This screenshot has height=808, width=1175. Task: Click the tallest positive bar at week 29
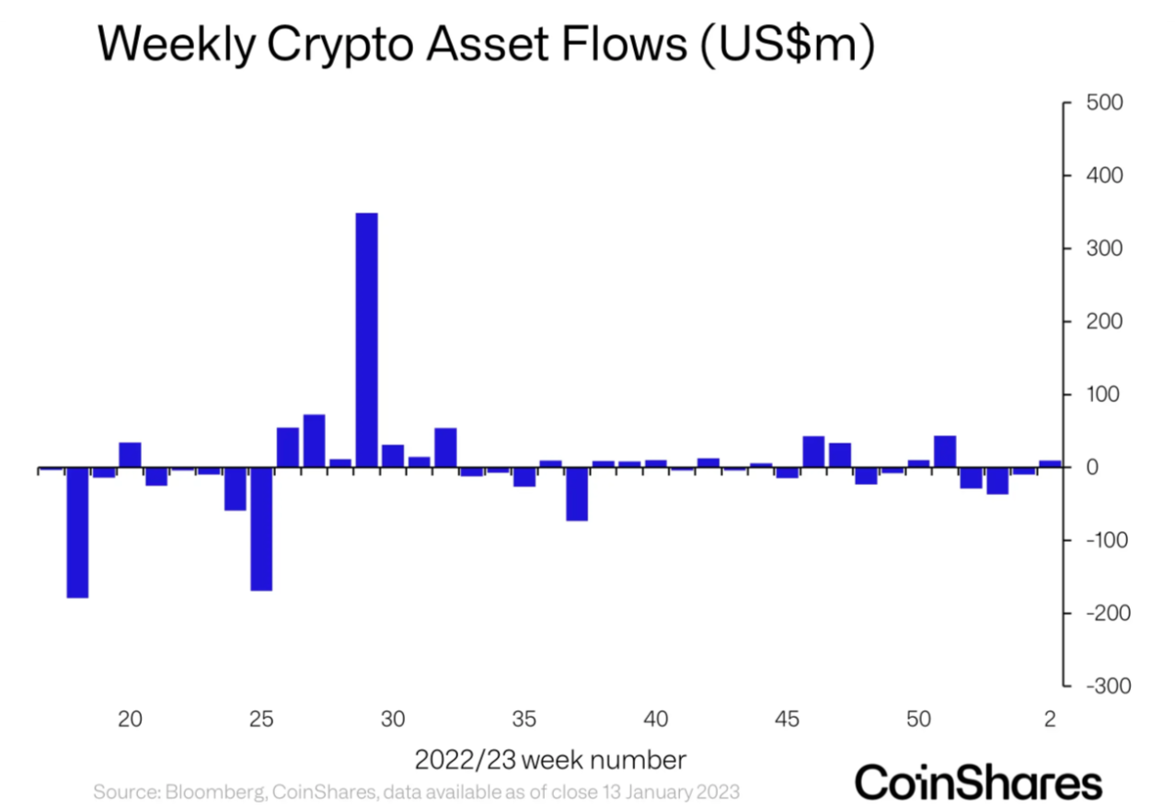tap(366, 340)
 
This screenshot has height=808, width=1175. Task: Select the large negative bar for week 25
tap(261, 528)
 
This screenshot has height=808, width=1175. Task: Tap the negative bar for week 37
tap(577, 494)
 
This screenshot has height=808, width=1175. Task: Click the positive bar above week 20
tap(130, 455)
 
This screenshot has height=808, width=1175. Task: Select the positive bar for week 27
tap(314, 441)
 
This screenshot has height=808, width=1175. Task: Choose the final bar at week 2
tap(1050, 464)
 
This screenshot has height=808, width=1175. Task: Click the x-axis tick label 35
tap(524, 718)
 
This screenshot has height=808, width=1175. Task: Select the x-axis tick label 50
tap(918, 718)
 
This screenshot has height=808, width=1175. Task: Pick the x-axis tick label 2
tap(1051, 718)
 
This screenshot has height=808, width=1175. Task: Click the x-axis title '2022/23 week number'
tap(549, 760)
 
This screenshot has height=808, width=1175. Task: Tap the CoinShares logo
tap(978, 782)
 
